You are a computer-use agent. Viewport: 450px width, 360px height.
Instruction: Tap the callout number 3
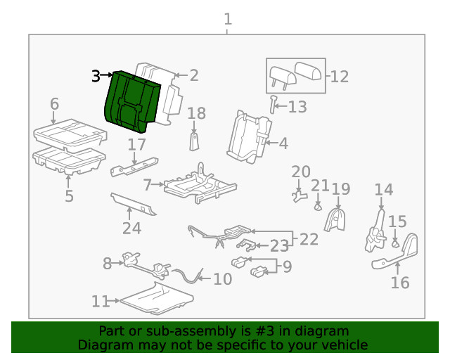click(x=96, y=76)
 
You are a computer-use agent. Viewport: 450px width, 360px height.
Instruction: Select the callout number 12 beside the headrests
click(x=339, y=77)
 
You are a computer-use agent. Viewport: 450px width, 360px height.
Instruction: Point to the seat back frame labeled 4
click(x=247, y=137)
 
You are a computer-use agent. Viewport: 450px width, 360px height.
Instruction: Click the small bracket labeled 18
click(x=195, y=141)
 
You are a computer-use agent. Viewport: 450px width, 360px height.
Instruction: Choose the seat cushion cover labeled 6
click(x=69, y=131)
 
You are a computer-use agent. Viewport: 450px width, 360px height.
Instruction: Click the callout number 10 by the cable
click(x=222, y=279)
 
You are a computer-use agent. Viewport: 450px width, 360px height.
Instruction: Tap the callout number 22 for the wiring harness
click(x=309, y=239)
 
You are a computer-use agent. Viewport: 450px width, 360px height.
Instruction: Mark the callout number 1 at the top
click(x=227, y=19)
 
